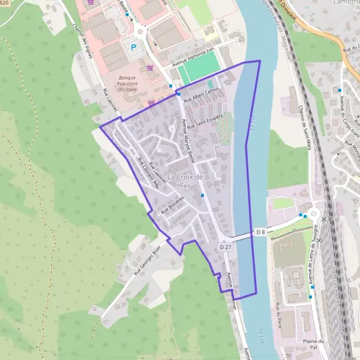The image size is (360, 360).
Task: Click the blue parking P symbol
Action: pos(130,45)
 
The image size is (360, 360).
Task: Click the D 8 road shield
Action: pos(260,232)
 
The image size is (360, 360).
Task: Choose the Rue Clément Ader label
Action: pos(147,174)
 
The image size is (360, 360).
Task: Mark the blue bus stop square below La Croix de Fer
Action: pos(203,195)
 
